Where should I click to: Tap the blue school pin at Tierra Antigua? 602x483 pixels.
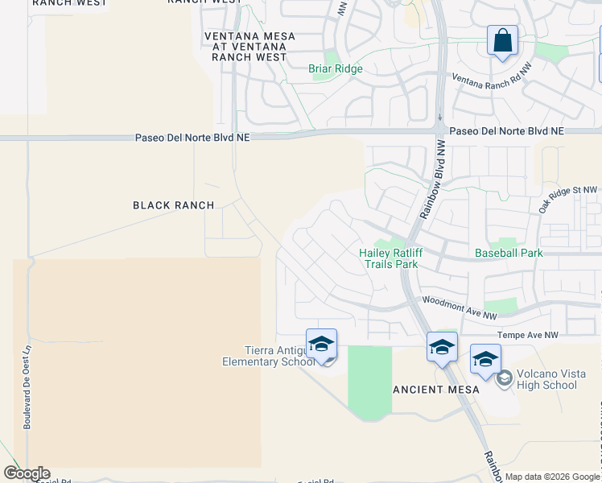click(321, 345)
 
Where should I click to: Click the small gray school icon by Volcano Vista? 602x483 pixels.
click(505, 378)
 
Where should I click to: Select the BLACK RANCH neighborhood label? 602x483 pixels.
click(174, 205)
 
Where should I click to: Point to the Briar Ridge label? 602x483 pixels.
click(336, 69)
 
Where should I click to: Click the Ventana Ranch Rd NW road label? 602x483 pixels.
click(492, 79)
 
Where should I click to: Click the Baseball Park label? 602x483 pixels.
click(509, 253)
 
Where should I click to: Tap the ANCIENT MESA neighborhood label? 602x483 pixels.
click(437, 390)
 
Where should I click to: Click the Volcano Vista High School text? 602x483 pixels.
click(548, 379)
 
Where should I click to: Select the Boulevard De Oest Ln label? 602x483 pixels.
click(27, 387)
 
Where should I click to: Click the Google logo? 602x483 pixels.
click(27, 473)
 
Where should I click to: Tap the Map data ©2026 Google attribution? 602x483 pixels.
click(552, 477)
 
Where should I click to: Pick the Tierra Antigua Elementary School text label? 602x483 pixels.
click(269, 356)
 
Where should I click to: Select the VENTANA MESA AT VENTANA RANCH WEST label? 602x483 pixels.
click(249, 47)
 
